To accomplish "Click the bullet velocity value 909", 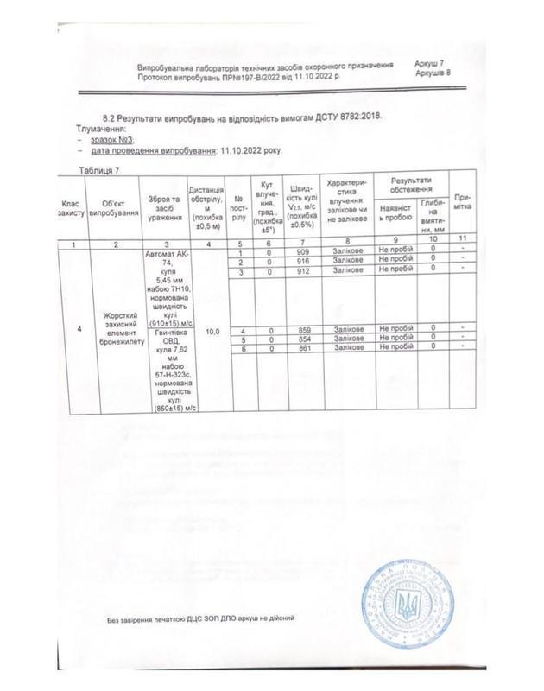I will click(302, 251).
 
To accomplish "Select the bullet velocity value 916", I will click(302, 261).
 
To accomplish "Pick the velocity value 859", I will click(302, 331).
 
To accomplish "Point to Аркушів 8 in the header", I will click(433, 75).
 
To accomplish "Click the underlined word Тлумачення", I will click(101, 129).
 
